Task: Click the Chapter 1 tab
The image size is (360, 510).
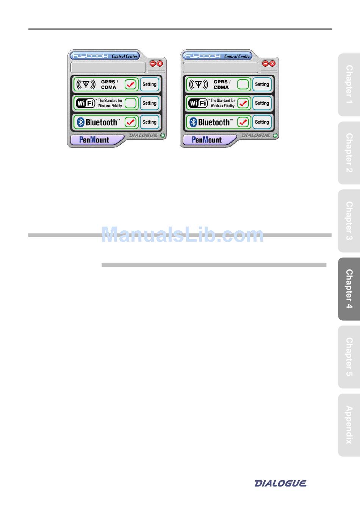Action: [x=349, y=85]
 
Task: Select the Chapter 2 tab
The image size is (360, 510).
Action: [x=349, y=153]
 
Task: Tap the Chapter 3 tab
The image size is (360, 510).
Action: [x=349, y=221]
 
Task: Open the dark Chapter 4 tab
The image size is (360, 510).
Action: [x=349, y=289]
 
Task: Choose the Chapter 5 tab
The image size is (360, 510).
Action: [x=349, y=357]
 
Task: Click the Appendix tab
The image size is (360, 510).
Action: [x=349, y=425]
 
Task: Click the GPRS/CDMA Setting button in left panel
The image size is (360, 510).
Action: [x=149, y=84]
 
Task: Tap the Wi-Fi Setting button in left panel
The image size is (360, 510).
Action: [x=149, y=103]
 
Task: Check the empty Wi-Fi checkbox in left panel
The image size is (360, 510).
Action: [x=130, y=103]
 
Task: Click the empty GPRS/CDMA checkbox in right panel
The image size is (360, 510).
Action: [x=243, y=84]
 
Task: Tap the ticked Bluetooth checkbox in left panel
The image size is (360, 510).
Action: [x=130, y=122]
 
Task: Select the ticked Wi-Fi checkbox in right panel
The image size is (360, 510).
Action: [x=243, y=103]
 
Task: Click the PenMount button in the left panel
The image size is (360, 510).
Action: [x=94, y=140]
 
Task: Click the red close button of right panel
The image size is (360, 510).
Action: [x=272, y=64]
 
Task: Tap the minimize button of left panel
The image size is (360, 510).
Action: [x=153, y=64]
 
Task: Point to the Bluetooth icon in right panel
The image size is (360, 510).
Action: [x=193, y=122]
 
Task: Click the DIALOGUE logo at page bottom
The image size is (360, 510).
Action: [x=280, y=483]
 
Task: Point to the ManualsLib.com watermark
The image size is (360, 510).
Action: [x=182, y=235]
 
